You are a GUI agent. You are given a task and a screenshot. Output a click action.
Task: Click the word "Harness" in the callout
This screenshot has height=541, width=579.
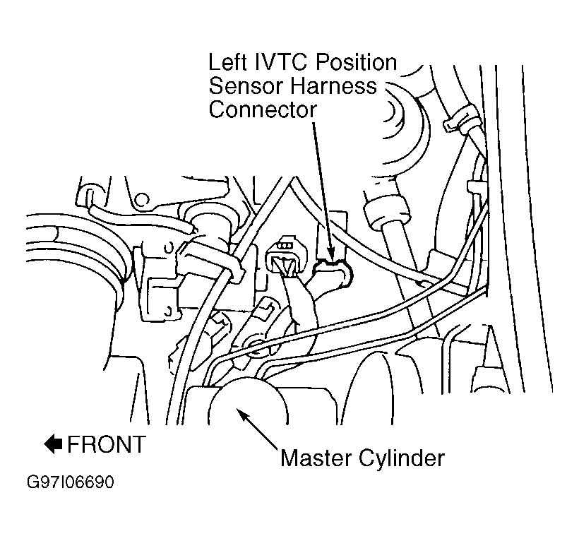(335, 86)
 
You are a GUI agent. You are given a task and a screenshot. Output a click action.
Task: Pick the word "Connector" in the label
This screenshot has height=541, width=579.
(263, 110)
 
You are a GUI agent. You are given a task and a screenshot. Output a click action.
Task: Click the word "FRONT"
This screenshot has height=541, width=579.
(107, 444)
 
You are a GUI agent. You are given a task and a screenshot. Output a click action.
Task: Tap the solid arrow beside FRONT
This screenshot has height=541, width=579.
(53, 444)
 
